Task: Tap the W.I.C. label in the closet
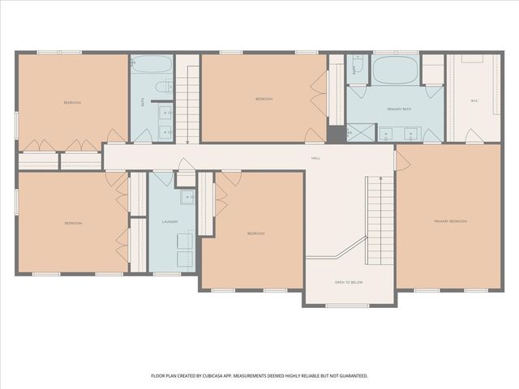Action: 474,101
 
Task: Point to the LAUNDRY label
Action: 170,221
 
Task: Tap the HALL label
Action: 315,158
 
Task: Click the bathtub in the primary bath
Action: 395,70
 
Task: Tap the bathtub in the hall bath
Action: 152,65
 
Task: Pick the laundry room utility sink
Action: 187,197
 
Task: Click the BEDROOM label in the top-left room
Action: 72,103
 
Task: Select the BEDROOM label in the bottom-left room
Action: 73,223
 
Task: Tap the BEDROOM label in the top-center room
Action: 264,99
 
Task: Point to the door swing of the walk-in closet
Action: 474,136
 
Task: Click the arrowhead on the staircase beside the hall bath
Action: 187,141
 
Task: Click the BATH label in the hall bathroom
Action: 144,103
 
